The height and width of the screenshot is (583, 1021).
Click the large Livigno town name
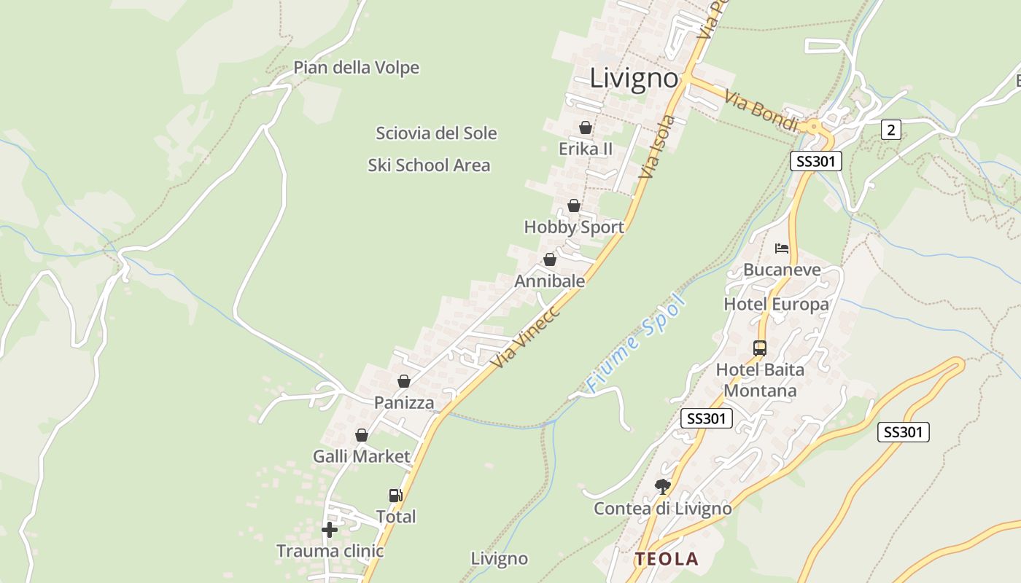point(634,78)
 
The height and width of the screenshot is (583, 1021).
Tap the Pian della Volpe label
point(356,68)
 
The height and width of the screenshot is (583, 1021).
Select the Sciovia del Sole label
point(436,133)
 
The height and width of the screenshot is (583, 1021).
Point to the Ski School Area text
point(429,165)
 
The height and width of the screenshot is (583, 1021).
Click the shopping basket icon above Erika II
point(585,128)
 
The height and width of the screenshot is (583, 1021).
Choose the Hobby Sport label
point(574,227)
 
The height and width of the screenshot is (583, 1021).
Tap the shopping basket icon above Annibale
point(550,260)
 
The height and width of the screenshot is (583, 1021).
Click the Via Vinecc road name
point(524,336)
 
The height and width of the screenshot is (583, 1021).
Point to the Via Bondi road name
point(761,110)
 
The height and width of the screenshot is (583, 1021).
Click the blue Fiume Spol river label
point(637,343)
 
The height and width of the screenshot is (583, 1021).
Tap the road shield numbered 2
point(890,130)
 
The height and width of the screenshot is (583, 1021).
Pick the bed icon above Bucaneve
point(782,249)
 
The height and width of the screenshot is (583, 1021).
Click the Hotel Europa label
point(776,304)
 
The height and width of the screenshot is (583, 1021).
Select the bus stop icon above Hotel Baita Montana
point(760,348)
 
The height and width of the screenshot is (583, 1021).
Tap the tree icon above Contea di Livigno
point(662,486)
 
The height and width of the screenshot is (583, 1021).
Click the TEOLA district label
point(666,559)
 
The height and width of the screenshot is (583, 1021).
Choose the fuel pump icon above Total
point(395,496)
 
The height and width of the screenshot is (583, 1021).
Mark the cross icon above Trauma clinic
point(330,530)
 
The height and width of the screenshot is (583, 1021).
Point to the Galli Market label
point(361,457)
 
